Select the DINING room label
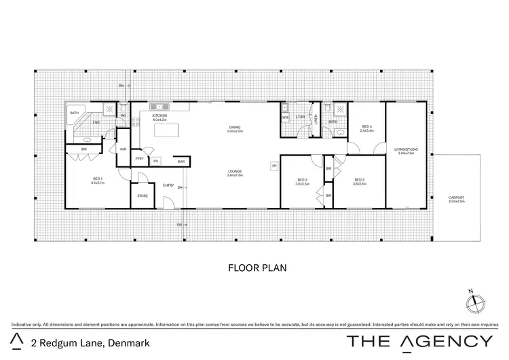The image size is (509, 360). click(x=235, y=128)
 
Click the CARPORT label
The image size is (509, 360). click(x=456, y=199)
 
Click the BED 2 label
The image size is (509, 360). click(x=303, y=181)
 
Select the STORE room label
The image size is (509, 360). click(x=142, y=196)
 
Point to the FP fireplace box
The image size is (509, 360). click(x=274, y=166)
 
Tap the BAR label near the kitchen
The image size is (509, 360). click(x=181, y=161)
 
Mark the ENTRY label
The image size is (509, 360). click(x=168, y=185)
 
